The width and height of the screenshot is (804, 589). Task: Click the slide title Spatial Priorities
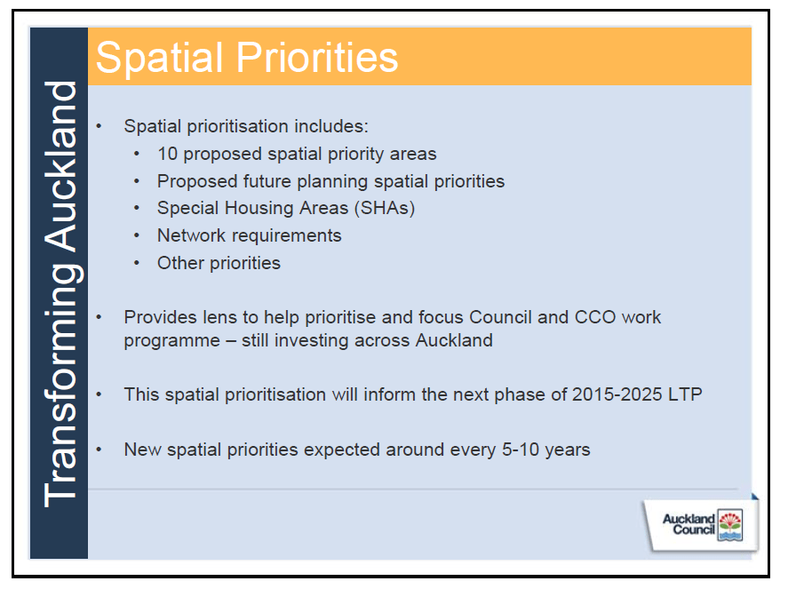tap(247, 58)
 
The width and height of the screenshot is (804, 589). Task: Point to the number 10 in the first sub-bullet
tap(167, 154)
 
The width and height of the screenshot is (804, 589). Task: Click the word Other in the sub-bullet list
tap(179, 263)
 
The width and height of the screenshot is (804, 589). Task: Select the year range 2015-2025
tap(617, 394)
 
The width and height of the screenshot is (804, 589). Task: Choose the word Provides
tap(159, 317)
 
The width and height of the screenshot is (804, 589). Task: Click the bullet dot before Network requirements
tap(137, 236)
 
